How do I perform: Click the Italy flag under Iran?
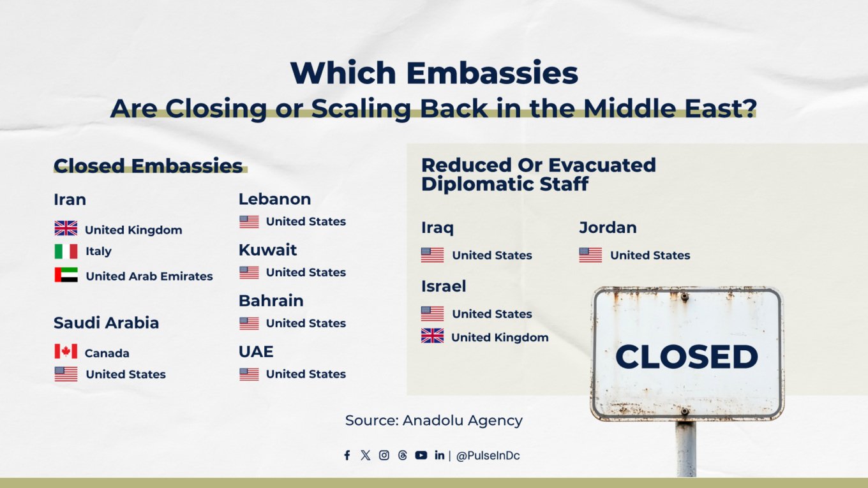tap(66, 251)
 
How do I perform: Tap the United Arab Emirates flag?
tap(66, 276)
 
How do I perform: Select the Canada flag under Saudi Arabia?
tap(66, 352)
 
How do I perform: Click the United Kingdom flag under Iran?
tap(66, 228)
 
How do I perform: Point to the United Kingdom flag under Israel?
tap(432, 336)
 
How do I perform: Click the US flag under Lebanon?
tap(249, 221)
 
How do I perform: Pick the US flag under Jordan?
tap(590, 255)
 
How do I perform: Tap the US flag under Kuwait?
tap(249, 272)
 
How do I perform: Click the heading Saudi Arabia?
tap(106, 323)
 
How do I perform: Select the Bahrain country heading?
tap(271, 300)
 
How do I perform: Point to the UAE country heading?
tap(255, 351)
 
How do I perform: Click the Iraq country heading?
tap(437, 228)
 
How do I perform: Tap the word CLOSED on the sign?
tap(686, 357)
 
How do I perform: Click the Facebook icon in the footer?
tap(347, 455)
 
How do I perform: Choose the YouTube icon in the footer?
tap(421, 455)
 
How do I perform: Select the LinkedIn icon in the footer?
tap(439, 455)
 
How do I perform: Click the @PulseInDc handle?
tap(488, 456)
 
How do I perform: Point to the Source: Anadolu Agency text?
tap(433, 420)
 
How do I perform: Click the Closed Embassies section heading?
tap(148, 166)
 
